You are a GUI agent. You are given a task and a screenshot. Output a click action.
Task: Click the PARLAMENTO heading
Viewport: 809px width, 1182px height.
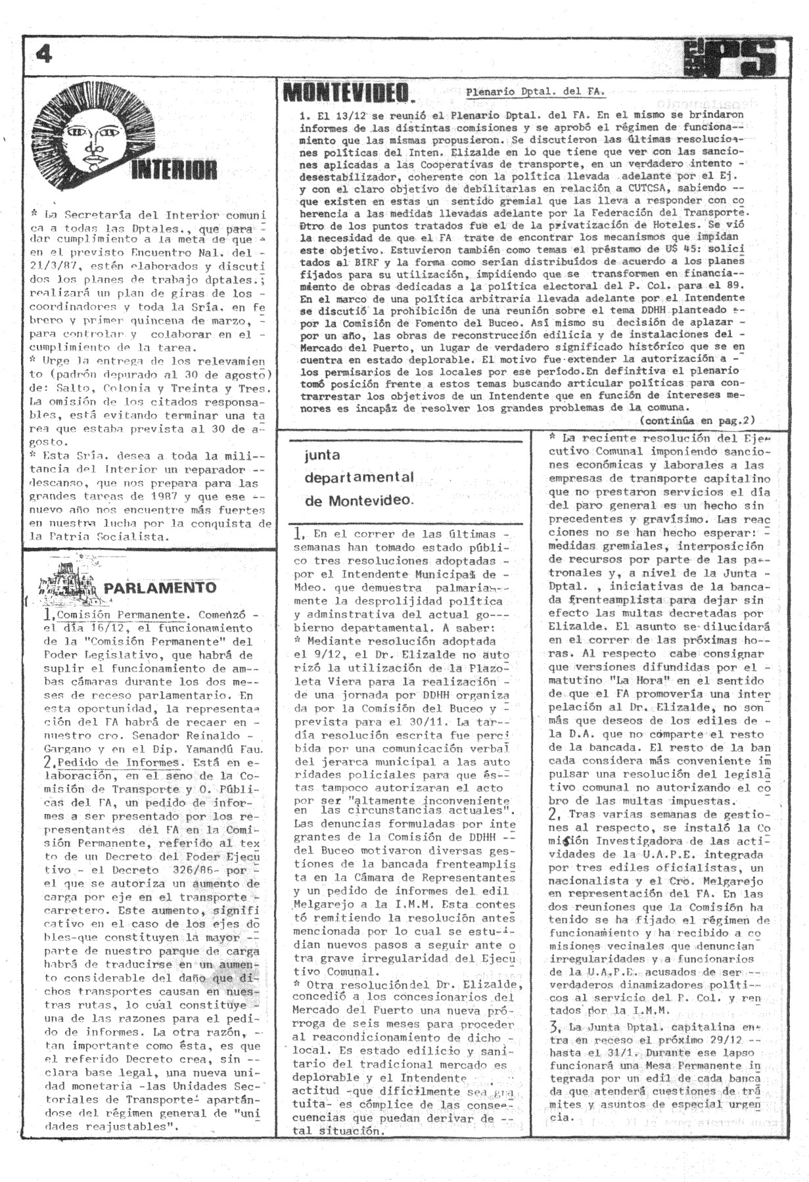(160, 587)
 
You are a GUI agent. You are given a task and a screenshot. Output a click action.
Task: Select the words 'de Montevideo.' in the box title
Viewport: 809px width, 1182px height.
(359, 500)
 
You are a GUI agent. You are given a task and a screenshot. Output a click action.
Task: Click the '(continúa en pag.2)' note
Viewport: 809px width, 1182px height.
(697, 420)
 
